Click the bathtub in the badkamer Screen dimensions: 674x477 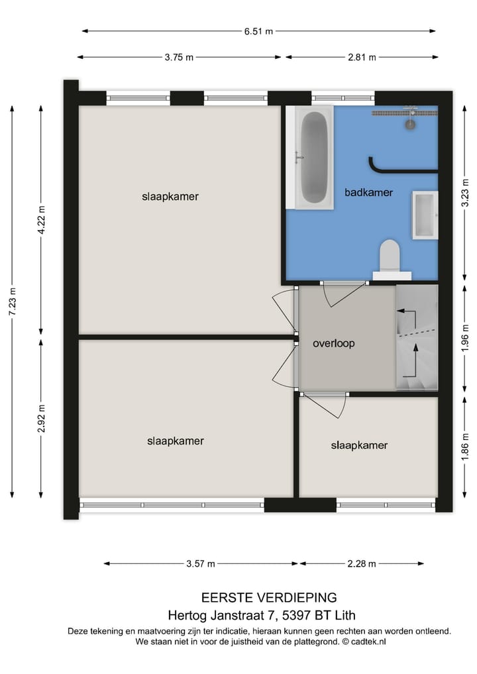[x=314, y=159]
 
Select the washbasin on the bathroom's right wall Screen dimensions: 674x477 [x=425, y=215]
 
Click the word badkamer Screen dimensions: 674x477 [x=368, y=192]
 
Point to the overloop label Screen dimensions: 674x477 [x=334, y=343]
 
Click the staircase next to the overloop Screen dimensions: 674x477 [x=417, y=338]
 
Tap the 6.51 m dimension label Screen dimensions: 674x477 [x=259, y=30]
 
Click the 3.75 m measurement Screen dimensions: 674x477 [x=179, y=58]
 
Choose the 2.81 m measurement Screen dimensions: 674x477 [x=362, y=58]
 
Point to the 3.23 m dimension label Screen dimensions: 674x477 [x=465, y=194]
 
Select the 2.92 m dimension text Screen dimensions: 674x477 [x=41, y=418]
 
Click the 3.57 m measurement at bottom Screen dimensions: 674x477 [x=201, y=564]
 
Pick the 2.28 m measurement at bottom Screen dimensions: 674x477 [x=362, y=564]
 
